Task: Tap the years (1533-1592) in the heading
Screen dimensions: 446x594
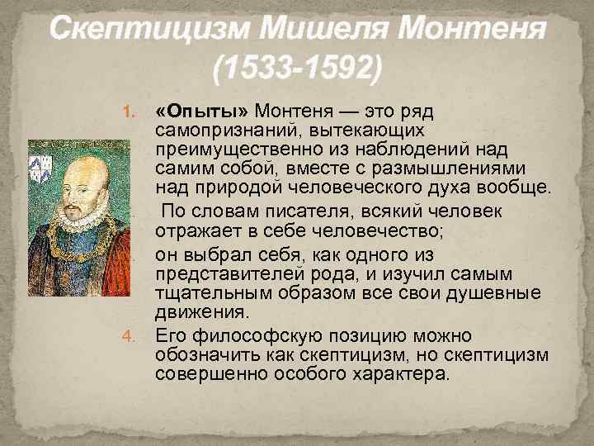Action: click(297, 68)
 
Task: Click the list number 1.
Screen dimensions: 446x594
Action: click(128, 112)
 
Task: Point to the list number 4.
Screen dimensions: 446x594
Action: click(128, 335)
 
